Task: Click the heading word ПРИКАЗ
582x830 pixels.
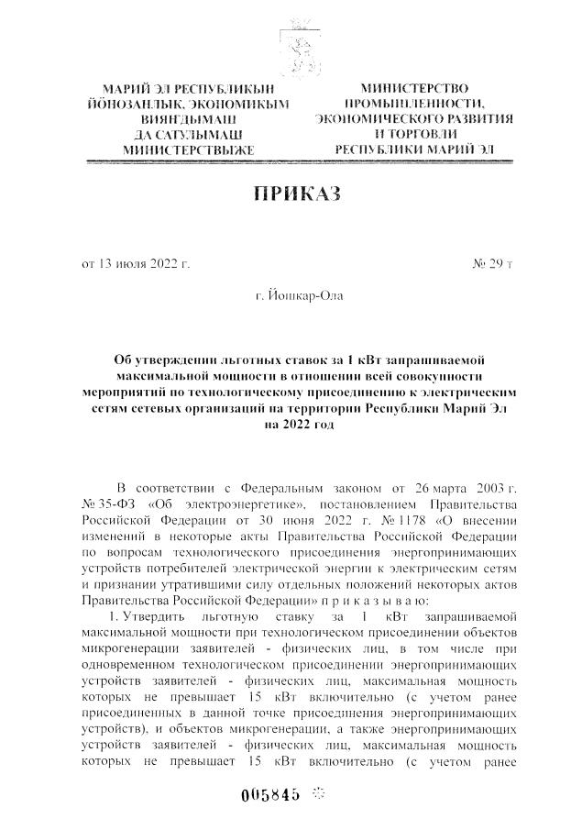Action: click(x=291, y=194)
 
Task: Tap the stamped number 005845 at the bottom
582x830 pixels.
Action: click(x=269, y=794)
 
